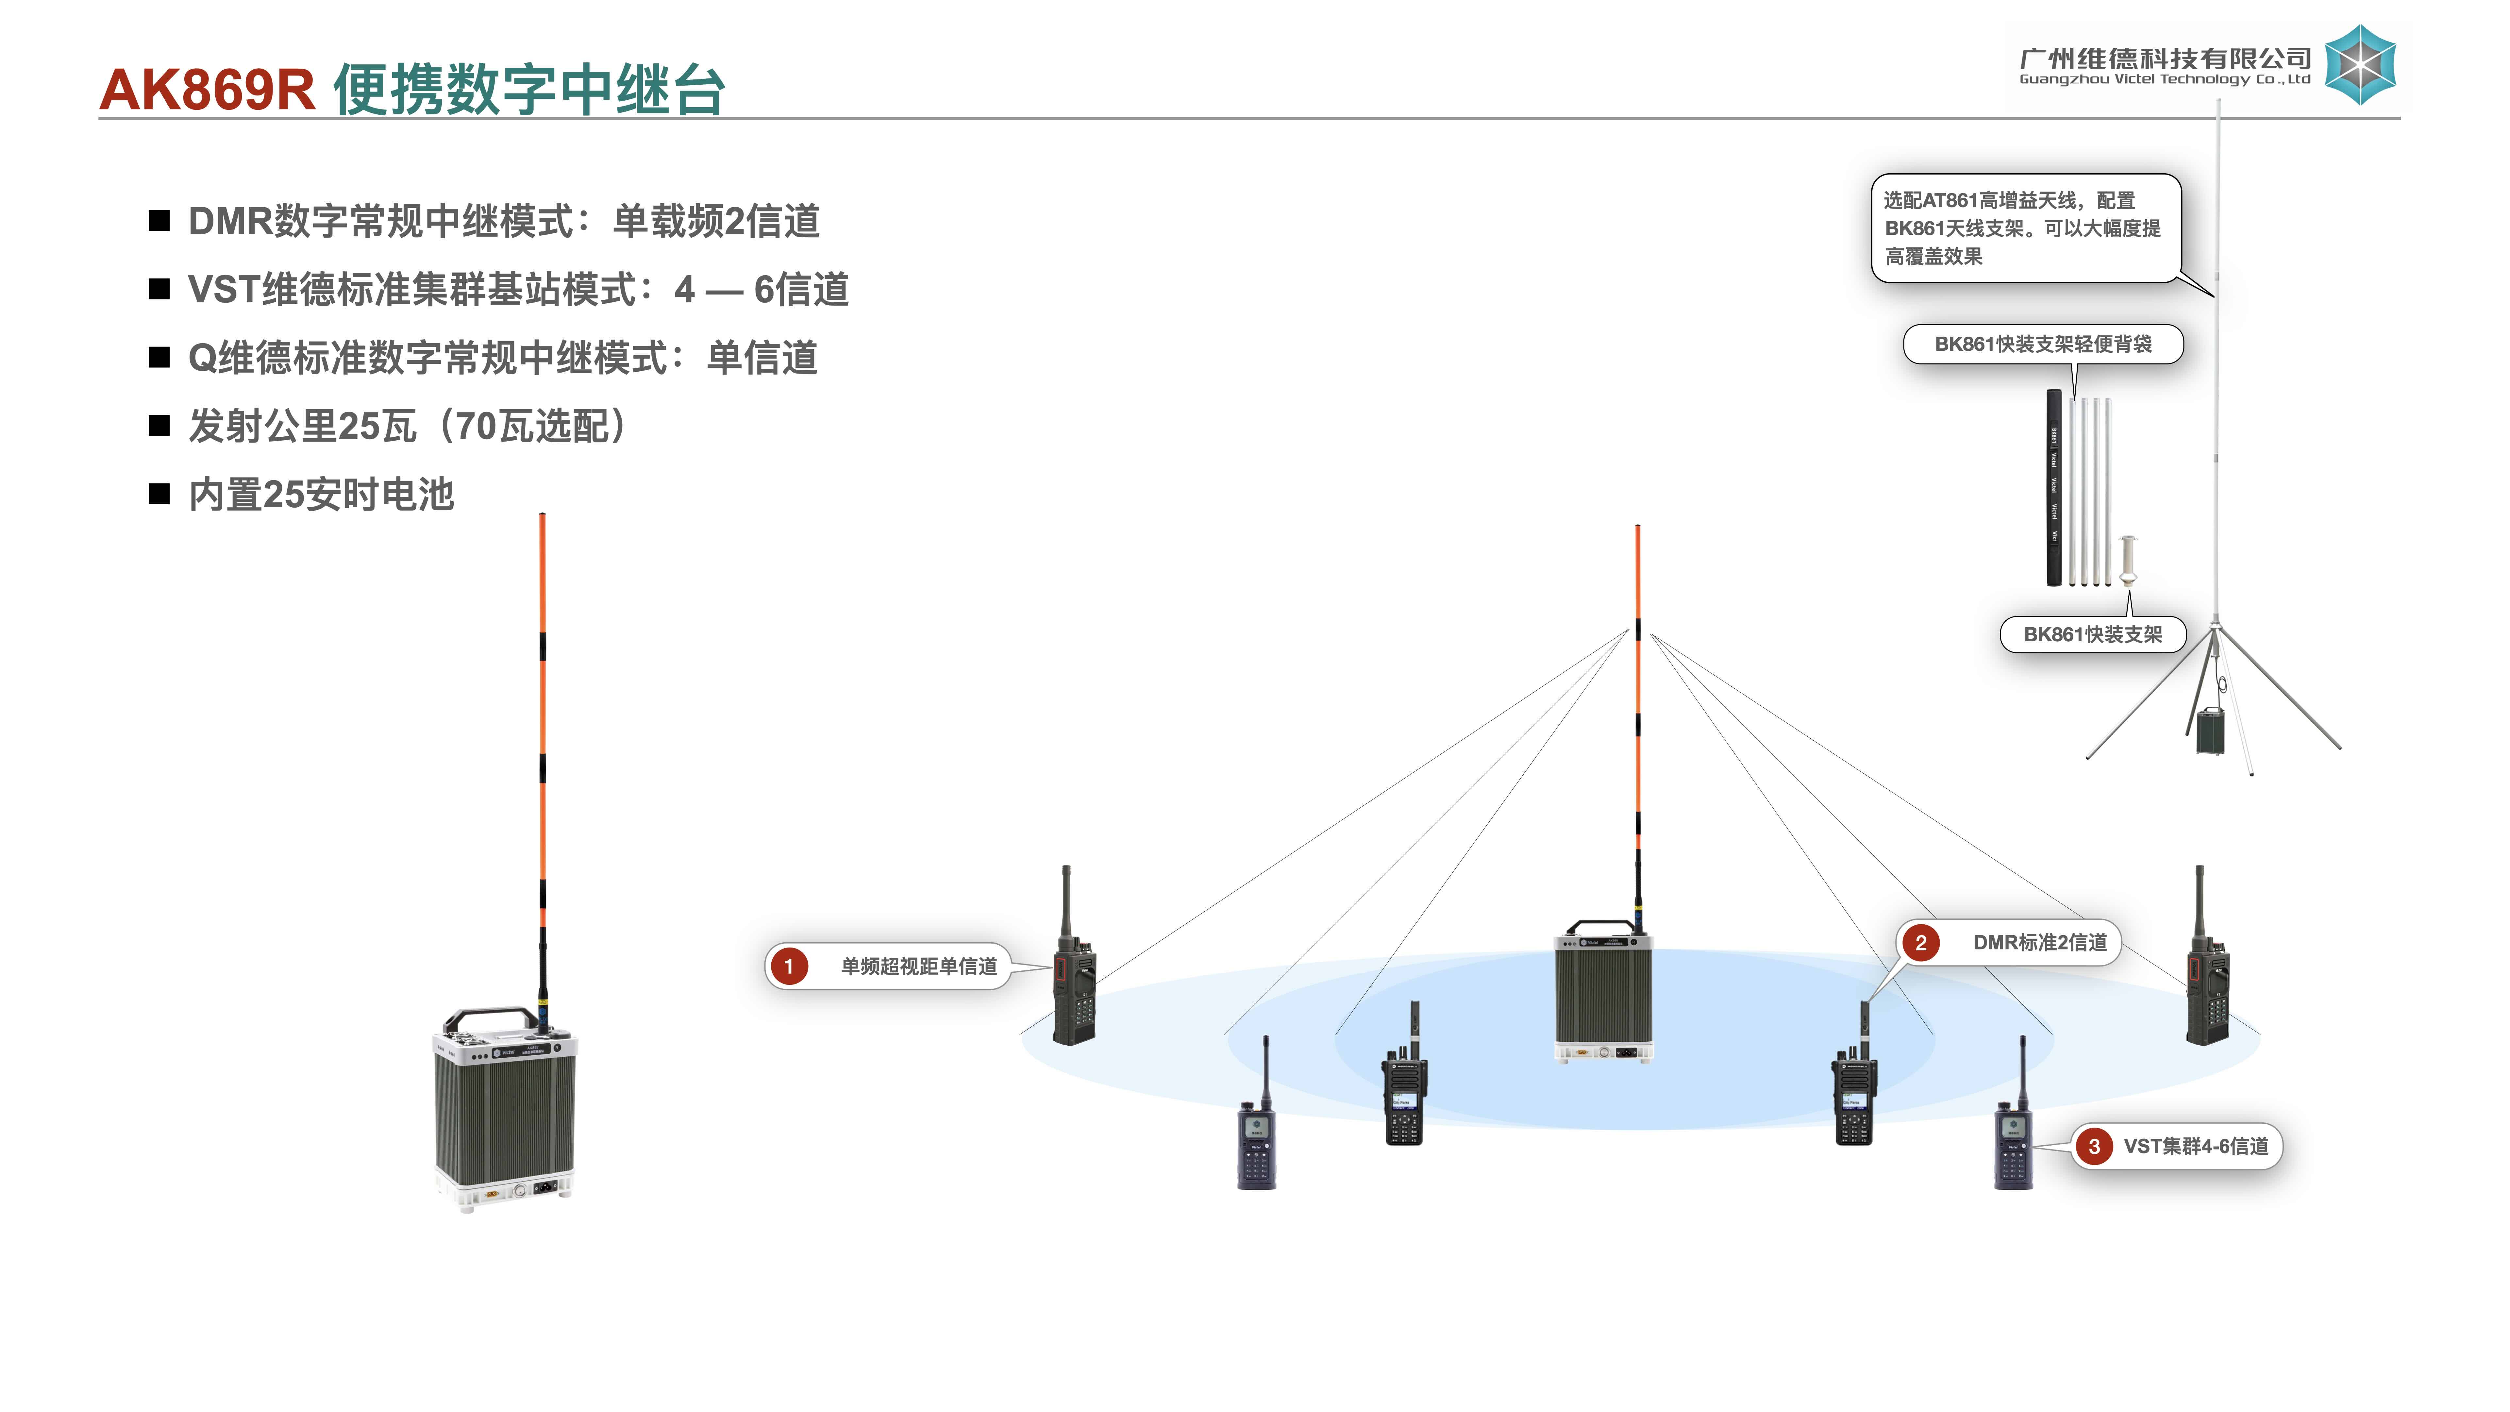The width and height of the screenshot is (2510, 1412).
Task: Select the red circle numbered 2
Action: click(x=1920, y=942)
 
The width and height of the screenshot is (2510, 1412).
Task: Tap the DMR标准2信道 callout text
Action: click(x=2039, y=942)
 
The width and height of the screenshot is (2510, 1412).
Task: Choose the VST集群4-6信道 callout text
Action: click(x=2195, y=1146)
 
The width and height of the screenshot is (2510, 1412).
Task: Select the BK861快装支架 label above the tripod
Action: click(x=2092, y=634)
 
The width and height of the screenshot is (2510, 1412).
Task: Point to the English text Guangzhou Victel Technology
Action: click(x=2163, y=80)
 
